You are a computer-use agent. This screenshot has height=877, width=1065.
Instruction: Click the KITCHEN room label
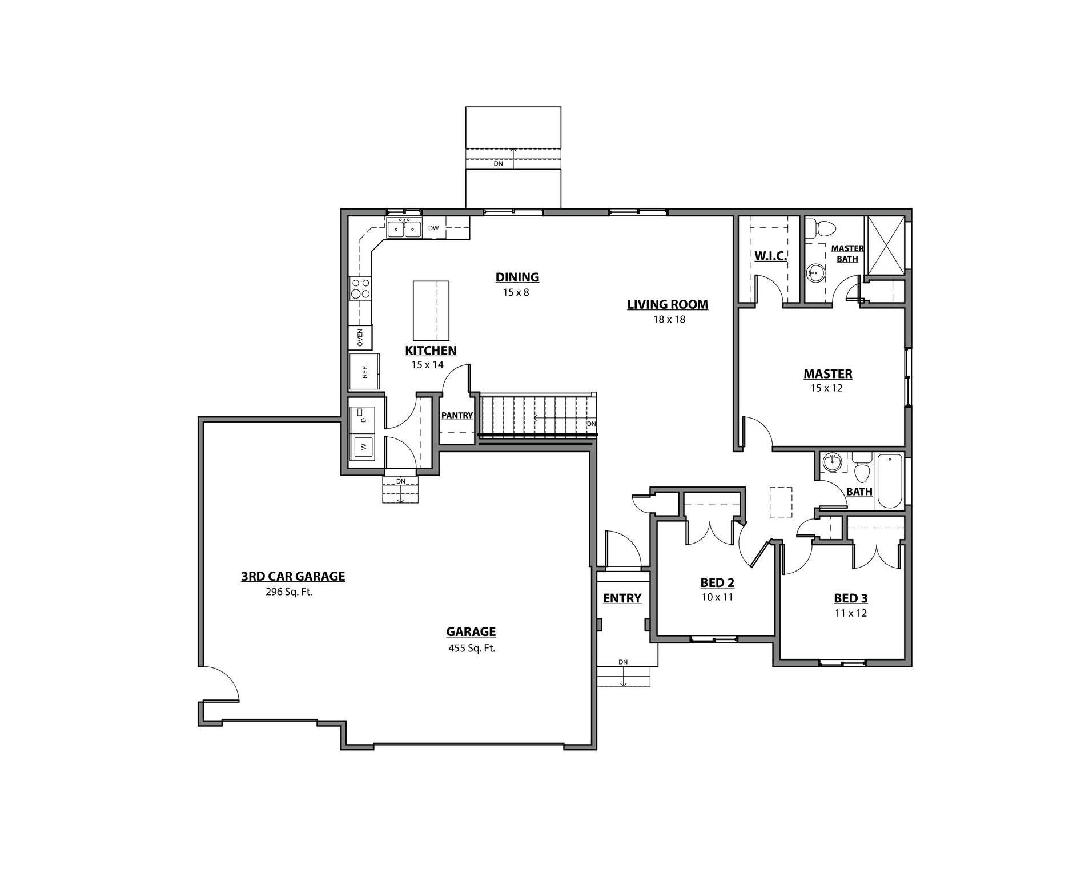pyautogui.click(x=431, y=351)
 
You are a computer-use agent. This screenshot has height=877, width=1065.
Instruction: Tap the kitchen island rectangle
pyautogui.click(x=431, y=310)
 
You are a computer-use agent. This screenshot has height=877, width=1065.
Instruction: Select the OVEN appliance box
pyautogui.click(x=360, y=337)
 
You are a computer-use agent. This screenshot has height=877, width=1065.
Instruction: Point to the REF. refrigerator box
pyautogui.click(x=364, y=372)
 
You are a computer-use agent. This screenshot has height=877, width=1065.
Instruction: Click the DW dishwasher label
pyautogui.click(x=433, y=228)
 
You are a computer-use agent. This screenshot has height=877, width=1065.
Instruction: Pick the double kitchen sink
pyautogui.click(x=404, y=229)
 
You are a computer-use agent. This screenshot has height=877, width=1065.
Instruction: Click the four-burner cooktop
pyautogui.click(x=360, y=288)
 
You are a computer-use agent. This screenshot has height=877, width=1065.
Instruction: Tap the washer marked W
pyautogui.click(x=363, y=446)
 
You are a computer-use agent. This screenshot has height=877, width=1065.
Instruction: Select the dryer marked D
pyautogui.click(x=363, y=419)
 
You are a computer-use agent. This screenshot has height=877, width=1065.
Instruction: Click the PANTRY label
pyautogui.click(x=457, y=416)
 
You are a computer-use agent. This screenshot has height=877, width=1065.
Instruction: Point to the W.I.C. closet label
pyautogui.click(x=770, y=256)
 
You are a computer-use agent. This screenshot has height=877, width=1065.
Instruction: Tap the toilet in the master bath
pyautogui.click(x=824, y=228)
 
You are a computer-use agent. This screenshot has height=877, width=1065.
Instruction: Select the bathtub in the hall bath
pyautogui.click(x=889, y=481)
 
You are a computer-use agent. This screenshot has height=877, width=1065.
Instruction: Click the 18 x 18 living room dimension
pyautogui.click(x=669, y=319)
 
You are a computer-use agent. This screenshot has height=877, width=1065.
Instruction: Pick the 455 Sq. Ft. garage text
pyautogui.click(x=471, y=648)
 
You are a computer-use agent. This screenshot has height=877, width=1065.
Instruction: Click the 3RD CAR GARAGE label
pyautogui.click(x=293, y=576)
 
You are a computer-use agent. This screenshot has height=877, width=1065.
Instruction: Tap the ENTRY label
pyautogui.click(x=622, y=598)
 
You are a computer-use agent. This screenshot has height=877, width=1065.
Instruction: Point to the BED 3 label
pyautogui.click(x=850, y=598)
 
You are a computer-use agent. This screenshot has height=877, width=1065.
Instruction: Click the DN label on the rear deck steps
pyautogui.click(x=499, y=163)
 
